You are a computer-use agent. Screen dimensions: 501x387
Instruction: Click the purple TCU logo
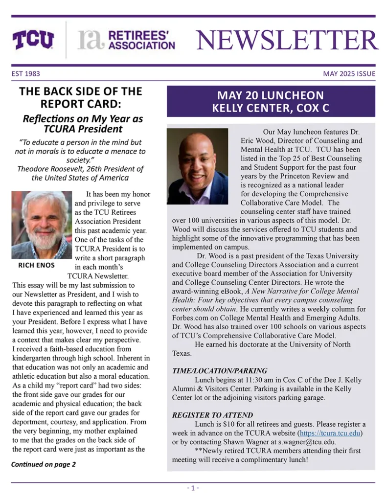(33, 40)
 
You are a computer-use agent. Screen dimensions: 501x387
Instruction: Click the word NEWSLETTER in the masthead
(287, 40)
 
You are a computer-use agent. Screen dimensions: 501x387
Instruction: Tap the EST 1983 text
(26, 74)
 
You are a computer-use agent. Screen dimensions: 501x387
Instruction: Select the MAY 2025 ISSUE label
(349, 74)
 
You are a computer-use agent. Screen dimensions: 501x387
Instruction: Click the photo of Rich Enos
(42, 225)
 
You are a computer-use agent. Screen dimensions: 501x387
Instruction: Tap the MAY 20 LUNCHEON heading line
(270, 95)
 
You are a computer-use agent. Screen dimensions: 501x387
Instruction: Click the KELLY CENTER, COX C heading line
(270, 108)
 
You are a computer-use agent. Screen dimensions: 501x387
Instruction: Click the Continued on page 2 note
(44, 464)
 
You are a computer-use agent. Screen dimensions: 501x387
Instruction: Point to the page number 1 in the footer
(193, 488)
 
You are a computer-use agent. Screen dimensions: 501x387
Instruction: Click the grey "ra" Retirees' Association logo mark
(91, 41)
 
